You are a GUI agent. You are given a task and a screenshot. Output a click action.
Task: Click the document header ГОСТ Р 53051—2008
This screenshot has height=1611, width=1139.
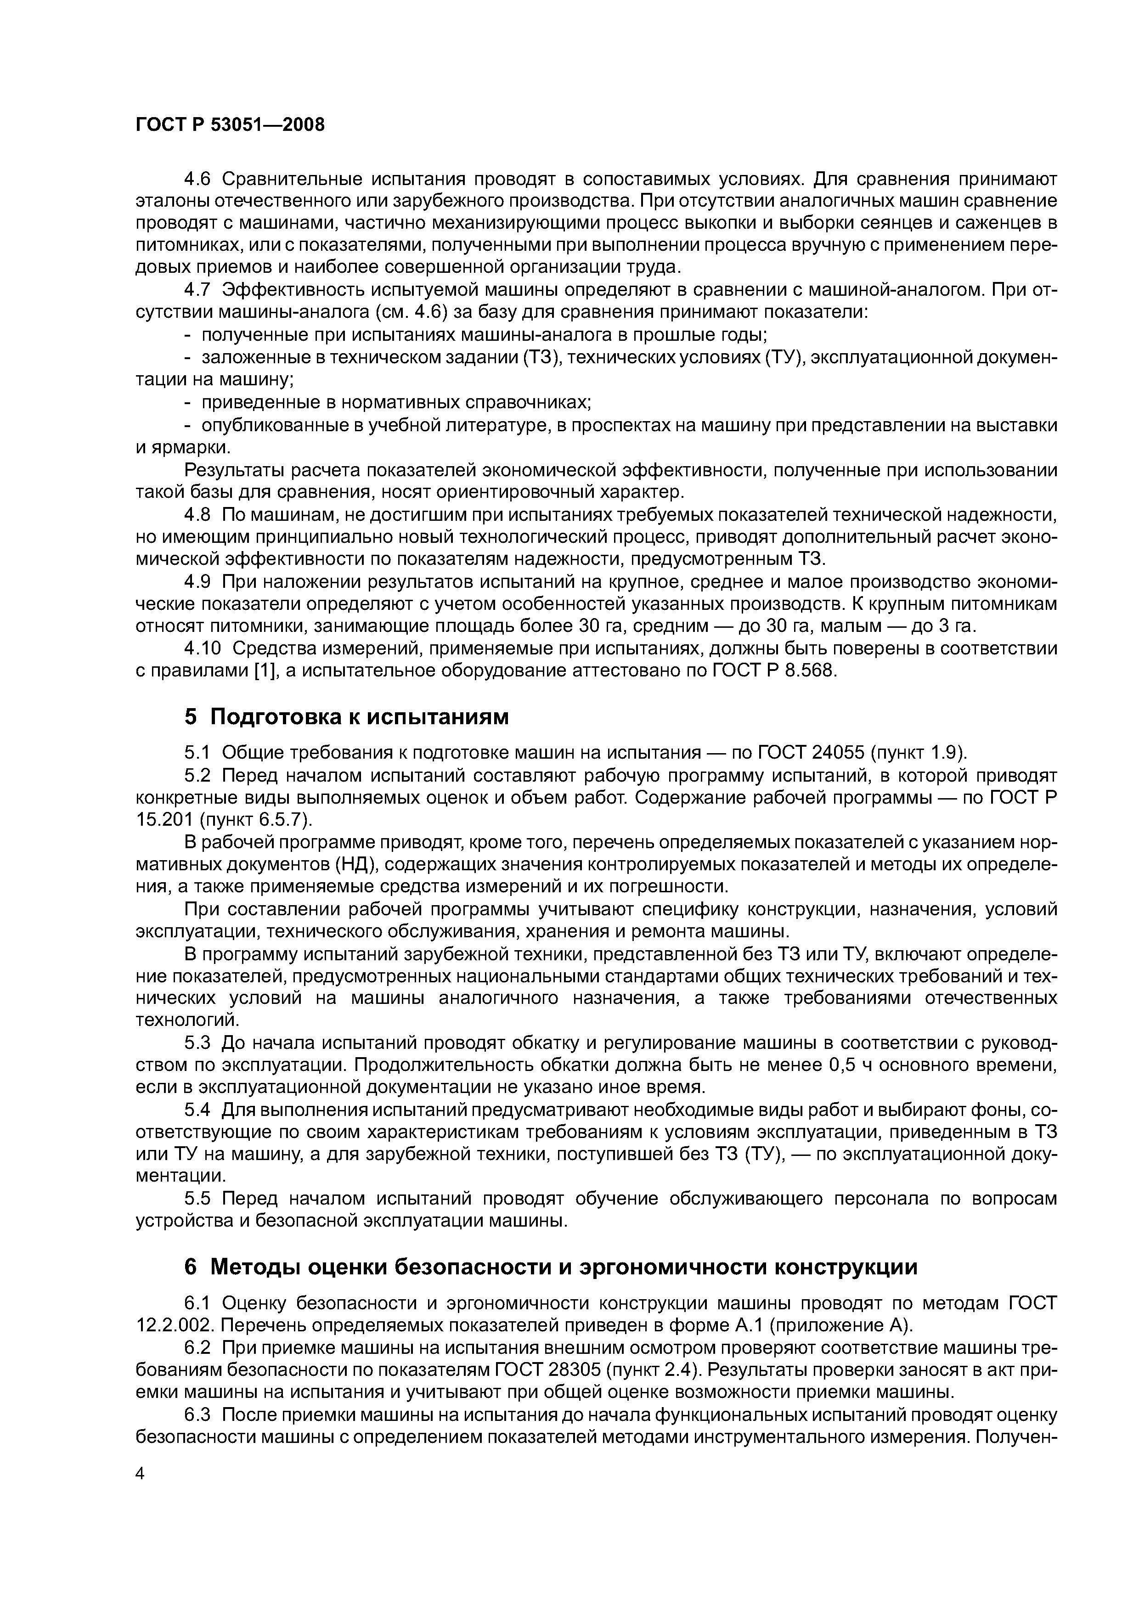[230, 125]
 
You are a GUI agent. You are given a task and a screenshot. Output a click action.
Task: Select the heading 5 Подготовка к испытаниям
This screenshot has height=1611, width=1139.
[346, 717]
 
